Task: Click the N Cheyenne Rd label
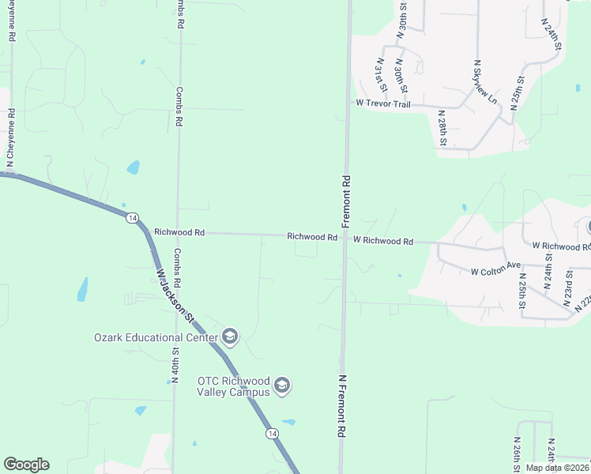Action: coord(10,137)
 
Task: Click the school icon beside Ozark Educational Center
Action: coord(230,337)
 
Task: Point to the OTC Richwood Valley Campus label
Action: coord(234,386)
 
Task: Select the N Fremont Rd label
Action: coord(342,407)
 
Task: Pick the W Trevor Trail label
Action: coord(383,103)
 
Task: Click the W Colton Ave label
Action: coord(496,271)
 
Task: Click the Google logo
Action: coord(26,465)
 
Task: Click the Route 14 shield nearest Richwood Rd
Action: coord(132,217)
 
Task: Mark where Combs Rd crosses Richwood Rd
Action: coord(178,233)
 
